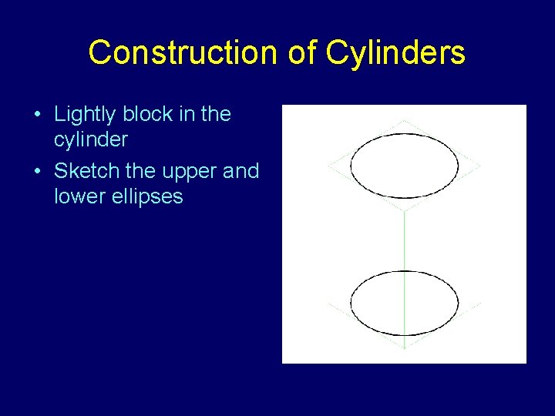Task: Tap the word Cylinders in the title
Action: [x=395, y=53]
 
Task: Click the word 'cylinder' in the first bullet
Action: [x=90, y=140]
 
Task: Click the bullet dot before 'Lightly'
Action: [x=38, y=116]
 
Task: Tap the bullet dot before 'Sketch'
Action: [x=38, y=172]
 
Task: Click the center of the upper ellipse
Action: [x=405, y=165]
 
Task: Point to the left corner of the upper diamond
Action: [x=329, y=165]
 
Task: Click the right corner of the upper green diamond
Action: [x=479, y=165]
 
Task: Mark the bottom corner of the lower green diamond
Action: [x=405, y=348]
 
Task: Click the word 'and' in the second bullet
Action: [x=240, y=171]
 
